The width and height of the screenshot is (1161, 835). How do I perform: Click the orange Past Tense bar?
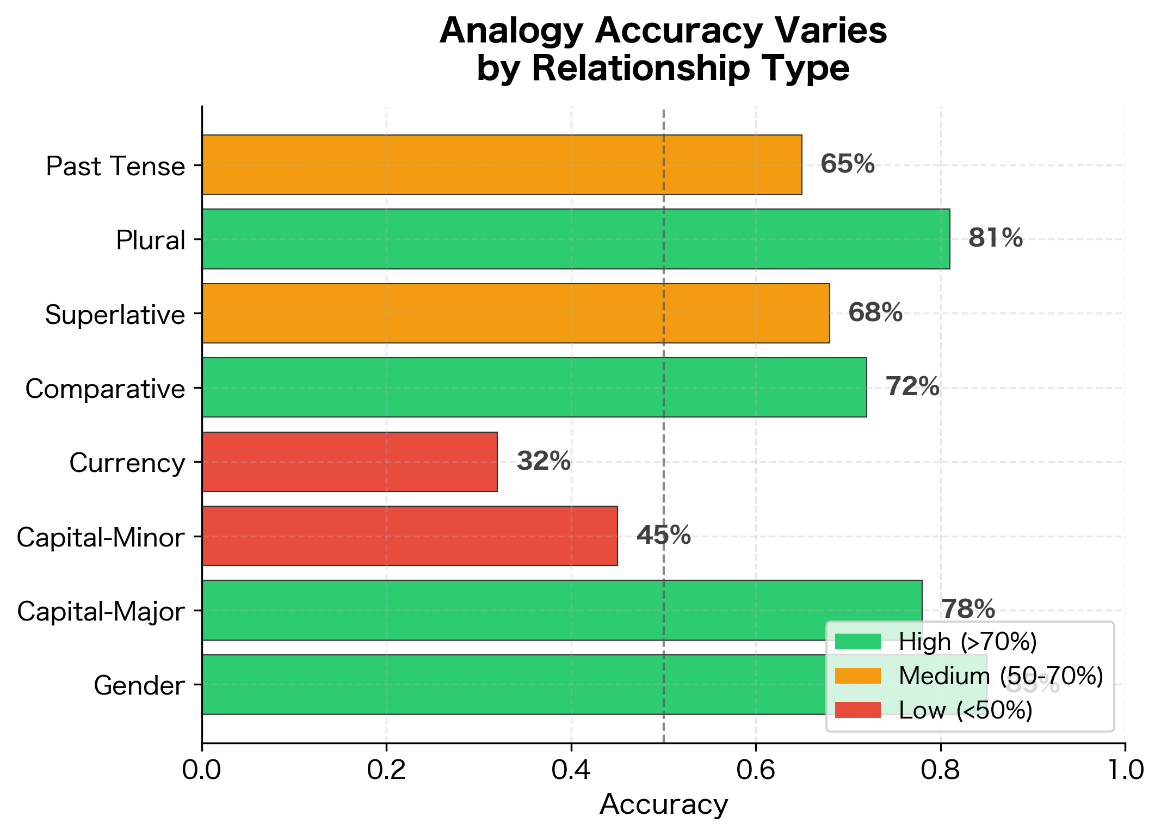pyautogui.click(x=502, y=164)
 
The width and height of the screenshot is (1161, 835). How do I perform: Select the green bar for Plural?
pyautogui.click(x=576, y=239)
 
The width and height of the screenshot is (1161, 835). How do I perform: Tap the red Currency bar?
pyautogui.click(x=349, y=462)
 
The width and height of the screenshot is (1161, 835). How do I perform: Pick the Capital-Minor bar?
pyautogui.click(x=409, y=536)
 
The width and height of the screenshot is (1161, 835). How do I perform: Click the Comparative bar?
pyautogui.click(x=534, y=388)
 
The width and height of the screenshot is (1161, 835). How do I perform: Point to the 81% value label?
pyautogui.click(x=995, y=238)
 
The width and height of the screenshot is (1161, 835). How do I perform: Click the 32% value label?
pyautogui.click(x=543, y=462)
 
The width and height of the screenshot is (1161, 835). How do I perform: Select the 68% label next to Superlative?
pyautogui.click(x=875, y=313)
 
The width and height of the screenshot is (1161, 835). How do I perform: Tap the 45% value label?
pyautogui.click(x=663, y=536)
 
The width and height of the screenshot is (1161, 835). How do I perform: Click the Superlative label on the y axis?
pyautogui.click(x=115, y=315)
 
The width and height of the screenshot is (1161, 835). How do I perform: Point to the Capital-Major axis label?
pyautogui.click(x=101, y=612)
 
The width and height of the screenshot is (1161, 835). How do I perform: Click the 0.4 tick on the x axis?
pyautogui.click(x=571, y=771)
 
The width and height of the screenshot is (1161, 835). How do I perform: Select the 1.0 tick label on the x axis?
pyautogui.click(x=1124, y=771)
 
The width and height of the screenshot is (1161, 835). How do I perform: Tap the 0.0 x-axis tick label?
pyautogui.click(x=202, y=771)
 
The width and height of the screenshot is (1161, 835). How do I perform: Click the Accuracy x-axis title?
pyautogui.click(x=663, y=805)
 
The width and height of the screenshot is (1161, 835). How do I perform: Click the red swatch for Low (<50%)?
pyautogui.click(x=857, y=710)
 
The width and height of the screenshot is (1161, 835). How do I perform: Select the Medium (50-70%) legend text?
pyautogui.click(x=1001, y=676)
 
